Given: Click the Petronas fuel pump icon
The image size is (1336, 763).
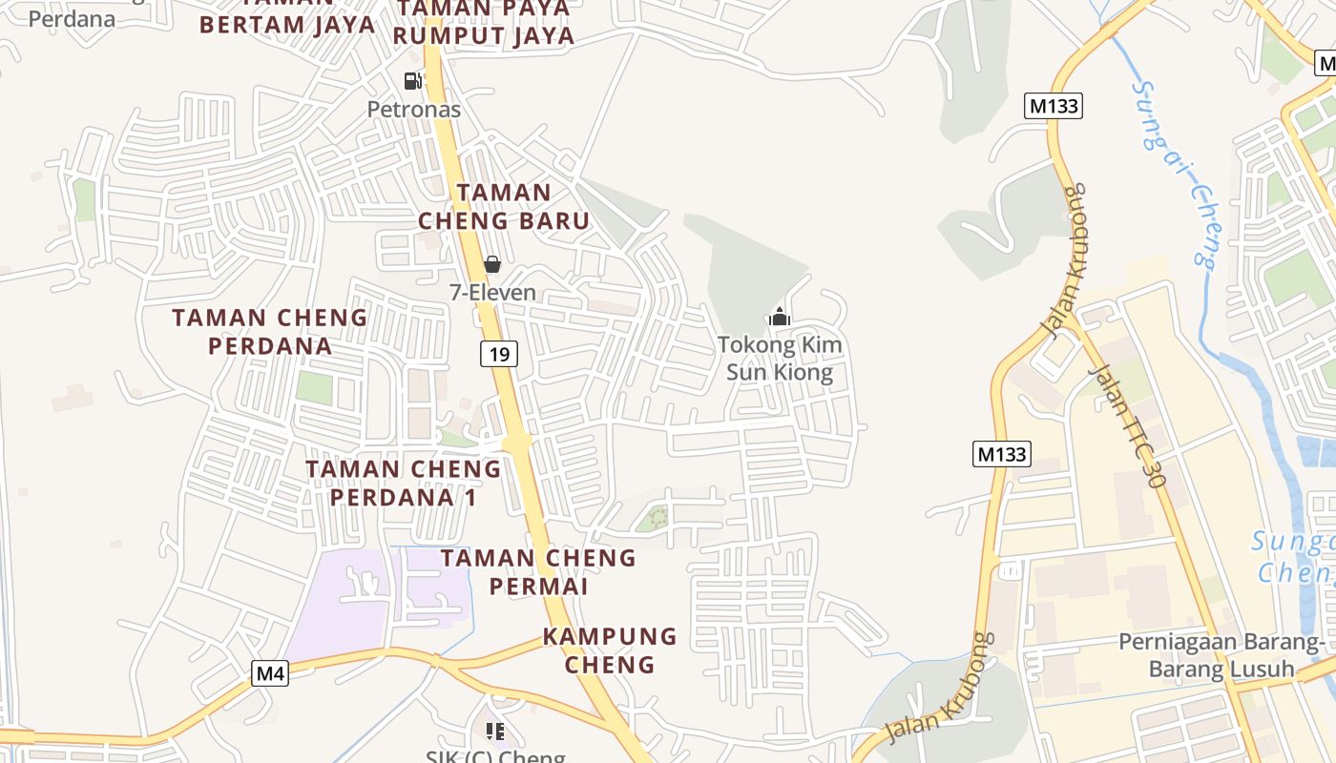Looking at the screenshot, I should [x=412, y=81].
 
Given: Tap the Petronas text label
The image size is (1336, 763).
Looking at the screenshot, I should [x=414, y=110].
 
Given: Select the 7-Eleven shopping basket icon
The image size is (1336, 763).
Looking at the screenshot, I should [x=492, y=264].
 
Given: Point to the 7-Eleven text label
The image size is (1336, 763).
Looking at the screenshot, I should [x=492, y=293].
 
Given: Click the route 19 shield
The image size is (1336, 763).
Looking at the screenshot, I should [x=498, y=355].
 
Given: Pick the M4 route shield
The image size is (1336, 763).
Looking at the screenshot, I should [x=271, y=673].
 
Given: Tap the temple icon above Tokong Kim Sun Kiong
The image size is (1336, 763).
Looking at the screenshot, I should [x=780, y=317].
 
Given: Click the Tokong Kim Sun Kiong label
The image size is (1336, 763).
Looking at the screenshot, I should [x=780, y=358].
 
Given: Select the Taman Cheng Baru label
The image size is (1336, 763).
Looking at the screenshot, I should [x=504, y=206].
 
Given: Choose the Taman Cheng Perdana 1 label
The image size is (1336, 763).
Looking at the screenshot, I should [x=403, y=483].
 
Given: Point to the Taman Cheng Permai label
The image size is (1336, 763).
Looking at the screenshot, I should [x=538, y=571].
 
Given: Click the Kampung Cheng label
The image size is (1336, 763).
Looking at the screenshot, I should [x=610, y=650].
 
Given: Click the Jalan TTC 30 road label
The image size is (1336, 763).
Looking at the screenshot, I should [x=1127, y=425].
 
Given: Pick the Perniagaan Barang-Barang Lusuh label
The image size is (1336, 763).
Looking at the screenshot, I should [x=1221, y=654].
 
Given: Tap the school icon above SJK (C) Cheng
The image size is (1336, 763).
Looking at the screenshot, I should [x=494, y=732].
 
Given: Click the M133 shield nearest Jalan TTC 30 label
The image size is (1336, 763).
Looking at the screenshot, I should [x=1002, y=454].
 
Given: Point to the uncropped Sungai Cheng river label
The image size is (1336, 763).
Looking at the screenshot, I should [x=1175, y=172].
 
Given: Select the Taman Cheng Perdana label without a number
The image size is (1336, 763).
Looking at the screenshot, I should [x=269, y=331].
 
